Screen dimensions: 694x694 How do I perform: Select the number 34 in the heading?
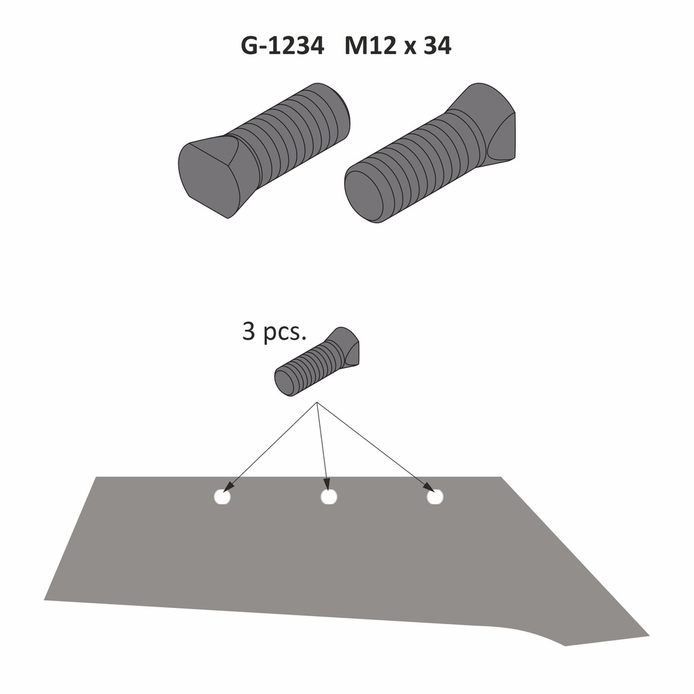[x=436, y=46]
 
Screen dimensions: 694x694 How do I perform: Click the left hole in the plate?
[x=222, y=497]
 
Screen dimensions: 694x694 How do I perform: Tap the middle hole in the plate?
[x=329, y=497]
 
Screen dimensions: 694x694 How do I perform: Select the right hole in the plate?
[x=434, y=497]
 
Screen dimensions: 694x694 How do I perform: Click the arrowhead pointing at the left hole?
[x=229, y=487]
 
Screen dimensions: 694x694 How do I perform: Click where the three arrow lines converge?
[x=317, y=405]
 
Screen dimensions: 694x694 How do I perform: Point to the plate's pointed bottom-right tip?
[x=647, y=636]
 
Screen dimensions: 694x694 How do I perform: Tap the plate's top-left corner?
[x=96, y=478]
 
